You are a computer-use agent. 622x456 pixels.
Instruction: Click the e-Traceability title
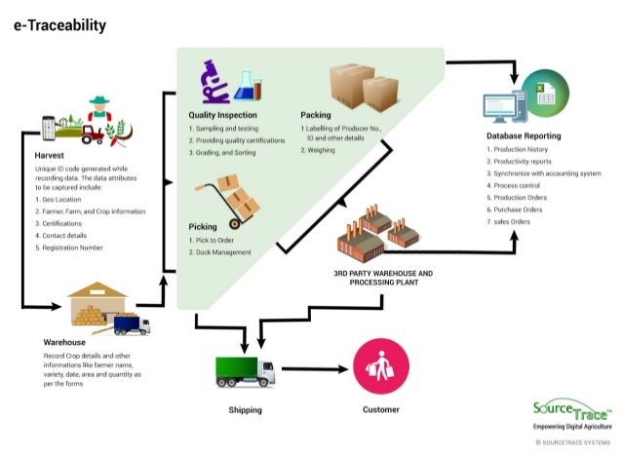pos(59,25)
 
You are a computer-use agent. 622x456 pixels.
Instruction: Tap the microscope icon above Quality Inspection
pos(214,82)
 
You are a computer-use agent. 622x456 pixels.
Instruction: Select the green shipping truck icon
pos(245,370)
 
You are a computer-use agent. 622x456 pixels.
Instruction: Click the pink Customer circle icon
pos(380,368)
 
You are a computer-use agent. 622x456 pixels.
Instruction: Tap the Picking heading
pos(204,226)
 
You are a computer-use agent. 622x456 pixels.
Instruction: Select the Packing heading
pos(316,115)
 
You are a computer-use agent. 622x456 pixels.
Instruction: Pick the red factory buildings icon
pos(376,234)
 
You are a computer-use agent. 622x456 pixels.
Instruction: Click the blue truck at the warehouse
pos(131,324)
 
